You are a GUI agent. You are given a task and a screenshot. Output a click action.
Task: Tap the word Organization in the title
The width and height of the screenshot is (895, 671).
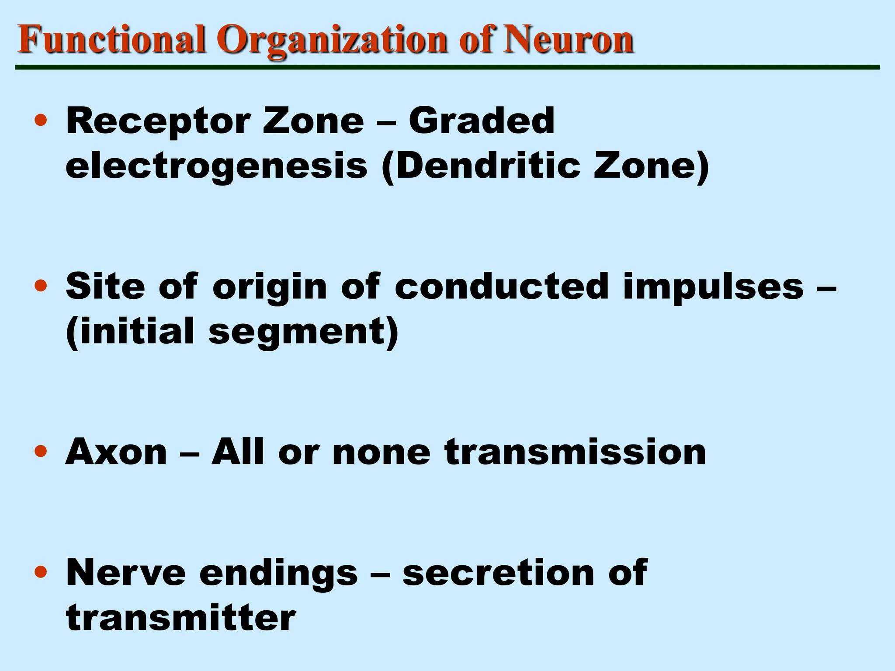(x=334, y=40)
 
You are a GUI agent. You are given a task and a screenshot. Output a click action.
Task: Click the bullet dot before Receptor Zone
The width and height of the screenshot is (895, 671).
(x=41, y=120)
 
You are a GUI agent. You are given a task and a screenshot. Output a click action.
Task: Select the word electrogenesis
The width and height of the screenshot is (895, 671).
(x=216, y=167)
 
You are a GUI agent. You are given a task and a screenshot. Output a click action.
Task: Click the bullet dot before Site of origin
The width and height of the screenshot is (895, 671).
(x=41, y=286)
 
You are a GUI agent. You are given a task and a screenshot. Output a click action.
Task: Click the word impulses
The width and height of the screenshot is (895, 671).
(x=713, y=287)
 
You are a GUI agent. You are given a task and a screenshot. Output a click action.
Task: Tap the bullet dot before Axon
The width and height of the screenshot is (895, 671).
(x=41, y=451)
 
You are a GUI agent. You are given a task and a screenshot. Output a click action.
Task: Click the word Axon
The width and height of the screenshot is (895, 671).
(x=116, y=452)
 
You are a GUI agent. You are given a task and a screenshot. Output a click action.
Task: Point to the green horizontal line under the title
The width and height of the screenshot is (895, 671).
(x=447, y=67)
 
